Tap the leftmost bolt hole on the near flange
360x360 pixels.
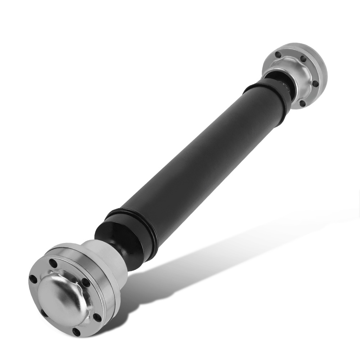(33, 279)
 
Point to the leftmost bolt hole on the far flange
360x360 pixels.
(278, 55)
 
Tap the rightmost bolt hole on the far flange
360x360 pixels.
(315, 84)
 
